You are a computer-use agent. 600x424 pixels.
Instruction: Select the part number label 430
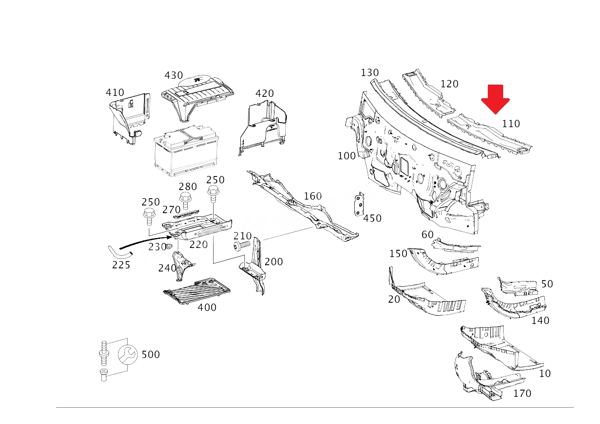pos(174,76)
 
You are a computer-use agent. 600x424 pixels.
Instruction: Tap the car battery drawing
pos(186,151)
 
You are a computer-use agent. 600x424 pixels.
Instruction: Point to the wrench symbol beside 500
pos(128,354)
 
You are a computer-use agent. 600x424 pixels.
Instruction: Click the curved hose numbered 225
pos(119,252)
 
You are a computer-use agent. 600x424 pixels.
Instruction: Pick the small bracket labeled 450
pos(359,204)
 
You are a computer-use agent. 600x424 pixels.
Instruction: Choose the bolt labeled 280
pos(185,200)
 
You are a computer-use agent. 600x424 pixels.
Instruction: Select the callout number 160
pos(313,196)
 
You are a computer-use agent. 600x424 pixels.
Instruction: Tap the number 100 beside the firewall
pos(347,156)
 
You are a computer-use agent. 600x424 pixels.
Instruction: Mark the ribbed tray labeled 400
pos(197,291)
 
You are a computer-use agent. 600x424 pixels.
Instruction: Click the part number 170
pos(522,394)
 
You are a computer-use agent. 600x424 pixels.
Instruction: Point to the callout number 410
pos(115,93)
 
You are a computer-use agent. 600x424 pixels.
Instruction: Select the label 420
pos(264,94)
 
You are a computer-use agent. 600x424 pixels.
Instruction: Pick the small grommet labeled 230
pos(169,246)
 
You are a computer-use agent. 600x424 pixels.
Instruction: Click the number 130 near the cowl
pos(370,72)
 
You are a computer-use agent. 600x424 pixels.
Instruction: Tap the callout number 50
pos(547,284)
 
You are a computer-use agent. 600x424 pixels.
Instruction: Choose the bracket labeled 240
pos(182,265)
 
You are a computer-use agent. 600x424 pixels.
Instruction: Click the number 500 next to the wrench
pos(151,355)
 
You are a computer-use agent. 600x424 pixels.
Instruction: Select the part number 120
pos(449,84)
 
